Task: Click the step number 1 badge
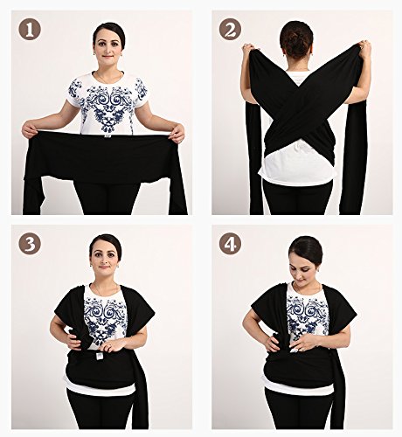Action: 30,30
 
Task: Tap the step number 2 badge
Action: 230,30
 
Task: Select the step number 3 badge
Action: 30,244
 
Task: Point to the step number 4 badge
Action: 230,244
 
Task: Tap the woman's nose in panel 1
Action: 107,50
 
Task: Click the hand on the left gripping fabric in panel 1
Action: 30,129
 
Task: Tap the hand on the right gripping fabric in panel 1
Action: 177,134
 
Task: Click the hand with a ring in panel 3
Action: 110,346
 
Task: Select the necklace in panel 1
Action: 107,78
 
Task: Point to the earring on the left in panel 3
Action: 91,265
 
